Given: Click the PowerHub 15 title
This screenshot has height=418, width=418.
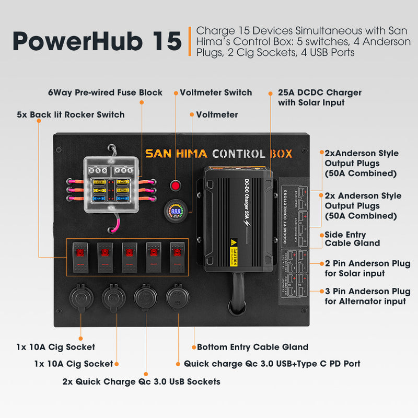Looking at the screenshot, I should pyautogui.click(x=97, y=41).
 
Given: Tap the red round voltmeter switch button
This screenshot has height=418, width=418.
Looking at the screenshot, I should pyautogui.click(x=176, y=185).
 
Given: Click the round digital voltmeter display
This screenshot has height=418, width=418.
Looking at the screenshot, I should pyautogui.click(x=176, y=212).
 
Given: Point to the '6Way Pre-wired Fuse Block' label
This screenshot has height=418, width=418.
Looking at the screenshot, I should pyautogui.click(x=105, y=92).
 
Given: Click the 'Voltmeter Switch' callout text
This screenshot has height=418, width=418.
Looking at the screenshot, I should pyautogui.click(x=216, y=92).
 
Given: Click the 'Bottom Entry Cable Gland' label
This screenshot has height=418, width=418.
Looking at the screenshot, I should pyautogui.click(x=252, y=347).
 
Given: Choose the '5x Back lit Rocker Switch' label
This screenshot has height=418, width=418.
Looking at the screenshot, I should pyautogui.click(x=71, y=114).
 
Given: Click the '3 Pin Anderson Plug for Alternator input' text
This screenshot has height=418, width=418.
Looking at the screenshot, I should pyautogui.click(x=367, y=296).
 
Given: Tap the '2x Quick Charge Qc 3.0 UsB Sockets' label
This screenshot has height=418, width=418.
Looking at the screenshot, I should pyautogui.click(x=141, y=381).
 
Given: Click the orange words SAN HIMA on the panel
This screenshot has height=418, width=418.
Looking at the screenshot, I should pyautogui.click(x=176, y=154).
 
